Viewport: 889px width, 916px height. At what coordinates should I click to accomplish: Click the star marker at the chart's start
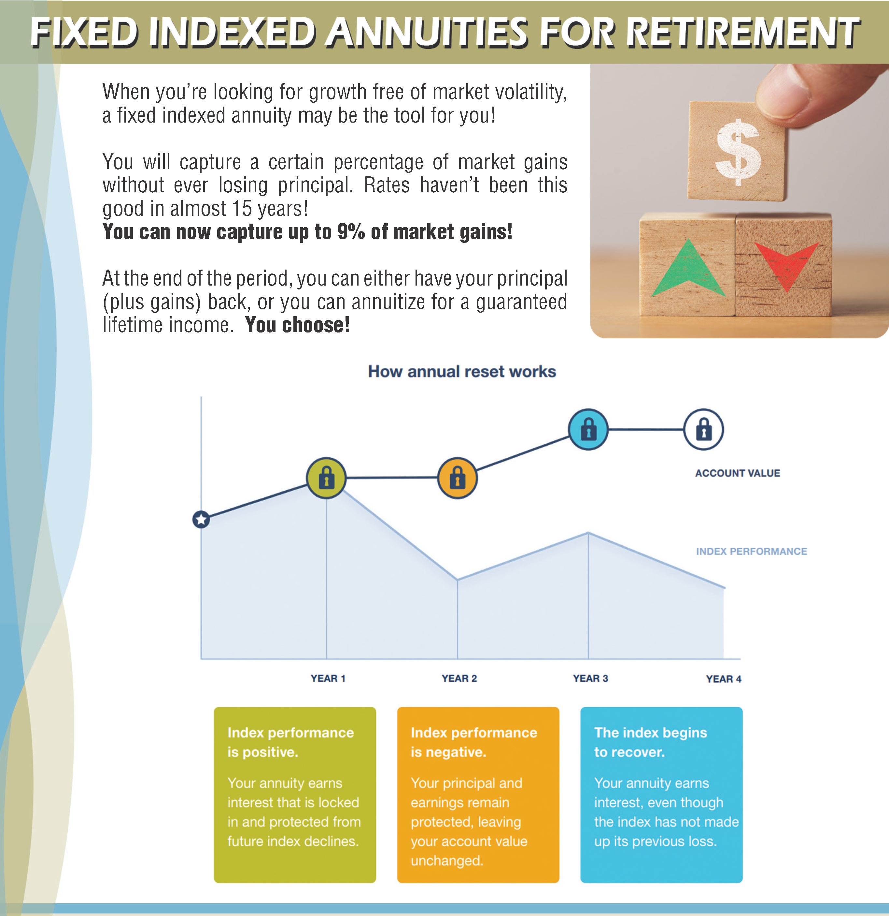pos(201,519)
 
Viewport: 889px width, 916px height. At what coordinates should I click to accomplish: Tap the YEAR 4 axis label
pos(724,679)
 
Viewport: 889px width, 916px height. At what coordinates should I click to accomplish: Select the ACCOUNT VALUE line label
pos(738,473)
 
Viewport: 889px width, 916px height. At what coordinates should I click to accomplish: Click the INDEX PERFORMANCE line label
pos(752,552)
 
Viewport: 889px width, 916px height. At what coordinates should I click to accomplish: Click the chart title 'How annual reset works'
pos(462,372)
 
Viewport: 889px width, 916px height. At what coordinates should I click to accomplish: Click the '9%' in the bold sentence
pos(351,232)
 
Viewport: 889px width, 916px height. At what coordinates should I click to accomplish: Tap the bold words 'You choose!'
pos(297,325)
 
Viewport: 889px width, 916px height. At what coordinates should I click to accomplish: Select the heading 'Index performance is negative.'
pos(474,742)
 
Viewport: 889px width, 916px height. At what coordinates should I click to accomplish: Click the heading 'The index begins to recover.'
pos(650,742)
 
